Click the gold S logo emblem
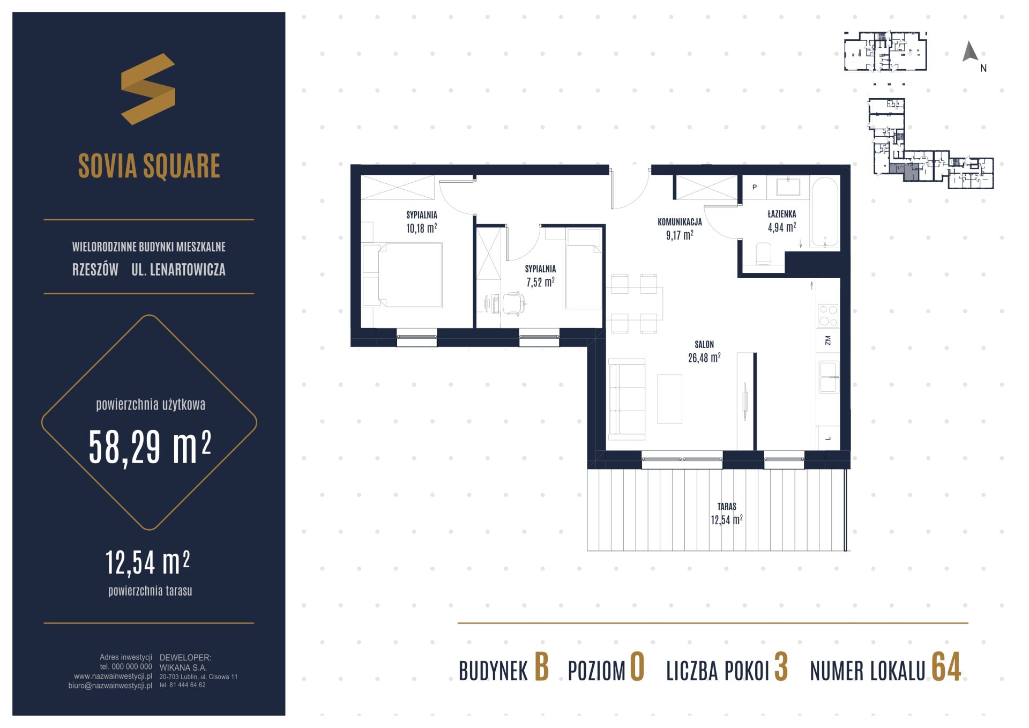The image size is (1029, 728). tap(148, 89)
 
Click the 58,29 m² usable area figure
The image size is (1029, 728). tap(150, 447)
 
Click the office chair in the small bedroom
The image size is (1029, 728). tap(512, 303)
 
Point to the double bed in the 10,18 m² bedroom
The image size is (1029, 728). tap(402, 276)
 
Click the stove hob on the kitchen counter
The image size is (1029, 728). tap(827, 316)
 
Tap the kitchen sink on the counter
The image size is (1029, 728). tap(829, 377)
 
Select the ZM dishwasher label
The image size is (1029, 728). tap(828, 340)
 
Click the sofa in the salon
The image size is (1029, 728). tap(627, 398)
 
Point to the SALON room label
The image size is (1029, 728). tap(704, 345)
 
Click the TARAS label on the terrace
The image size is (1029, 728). tap(727, 506)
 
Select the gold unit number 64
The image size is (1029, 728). tap(946, 667)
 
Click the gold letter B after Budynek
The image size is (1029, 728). tap(542, 667)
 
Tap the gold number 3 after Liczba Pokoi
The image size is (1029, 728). tap(781, 667)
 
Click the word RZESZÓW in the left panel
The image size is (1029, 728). tap(95, 270)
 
